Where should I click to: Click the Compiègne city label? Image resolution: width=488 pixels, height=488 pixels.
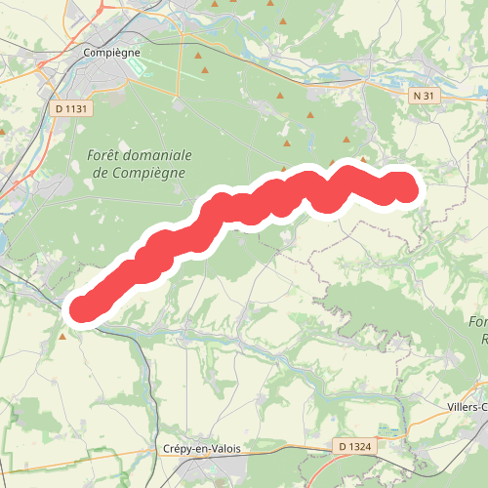point(113,52)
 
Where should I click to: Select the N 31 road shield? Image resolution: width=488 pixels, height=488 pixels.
point(423,96)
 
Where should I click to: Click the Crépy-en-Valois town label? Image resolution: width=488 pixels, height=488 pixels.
point(203,449)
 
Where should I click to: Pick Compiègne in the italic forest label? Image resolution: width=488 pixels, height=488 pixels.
point(152,173)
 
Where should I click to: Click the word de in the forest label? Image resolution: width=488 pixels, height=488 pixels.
point(101,173)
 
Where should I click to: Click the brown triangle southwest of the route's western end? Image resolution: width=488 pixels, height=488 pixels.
point(63,335)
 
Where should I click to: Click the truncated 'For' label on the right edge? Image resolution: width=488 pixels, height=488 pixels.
point(477,322)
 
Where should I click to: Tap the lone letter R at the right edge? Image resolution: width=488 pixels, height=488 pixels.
point(484,339)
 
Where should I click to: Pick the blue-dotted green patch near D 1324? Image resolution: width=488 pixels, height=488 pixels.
point(387,430)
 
